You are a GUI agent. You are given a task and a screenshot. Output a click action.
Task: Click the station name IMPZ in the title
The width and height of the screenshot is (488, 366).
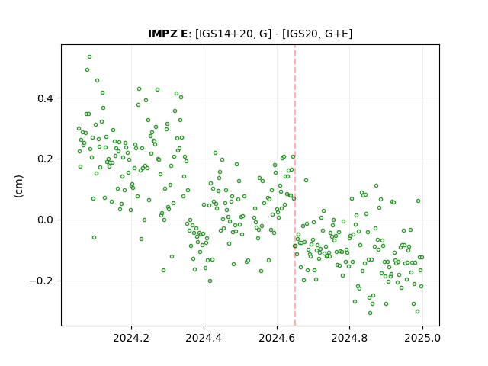pyautogui.click(x=163, y=34)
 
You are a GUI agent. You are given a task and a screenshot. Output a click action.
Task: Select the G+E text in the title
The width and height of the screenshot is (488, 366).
pyautogui.click(x=336, y=34)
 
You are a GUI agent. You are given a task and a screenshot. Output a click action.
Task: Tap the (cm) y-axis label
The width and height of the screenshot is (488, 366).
pyautogui.click(x=18, y=186)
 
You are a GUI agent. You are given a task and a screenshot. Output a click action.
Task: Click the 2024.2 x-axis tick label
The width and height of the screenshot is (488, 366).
pyautogui.click(x=131, y=338)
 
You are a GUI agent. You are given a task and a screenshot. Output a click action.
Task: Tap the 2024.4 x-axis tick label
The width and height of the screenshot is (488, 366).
pyautogui.click(x=204, y=338)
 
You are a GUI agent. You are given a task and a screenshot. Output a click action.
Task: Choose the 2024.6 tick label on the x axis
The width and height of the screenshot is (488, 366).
pyautogui.click(x=277, y=338)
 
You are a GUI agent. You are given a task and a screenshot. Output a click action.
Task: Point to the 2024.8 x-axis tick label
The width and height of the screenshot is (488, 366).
pyautogui.click(x=349, y=338)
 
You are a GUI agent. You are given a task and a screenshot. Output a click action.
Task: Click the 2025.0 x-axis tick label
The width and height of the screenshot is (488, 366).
pyautogui.click(x=422, y=338)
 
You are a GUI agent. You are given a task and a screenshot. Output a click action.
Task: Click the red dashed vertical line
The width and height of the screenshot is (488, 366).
pyautogui.click(x=295, y=185)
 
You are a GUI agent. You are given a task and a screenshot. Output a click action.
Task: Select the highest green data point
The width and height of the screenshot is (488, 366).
pyautogui.click(x=90, y=57)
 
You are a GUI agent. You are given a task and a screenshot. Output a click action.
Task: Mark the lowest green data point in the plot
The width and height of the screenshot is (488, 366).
pyautogui.click(x=370, y=313)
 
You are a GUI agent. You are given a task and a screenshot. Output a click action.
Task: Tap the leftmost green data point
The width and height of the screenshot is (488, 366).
pyautogui.click(x=79, y=129)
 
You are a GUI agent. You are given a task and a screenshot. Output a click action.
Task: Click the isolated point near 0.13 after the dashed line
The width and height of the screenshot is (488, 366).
pyautogui.click(x=306, y=180)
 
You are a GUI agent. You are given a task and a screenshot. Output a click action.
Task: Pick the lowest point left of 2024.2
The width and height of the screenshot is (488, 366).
pyautogui.click(x=94, y=237)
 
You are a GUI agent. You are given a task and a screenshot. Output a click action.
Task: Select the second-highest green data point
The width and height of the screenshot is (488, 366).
pyautogui.click(x=87, y=69)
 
